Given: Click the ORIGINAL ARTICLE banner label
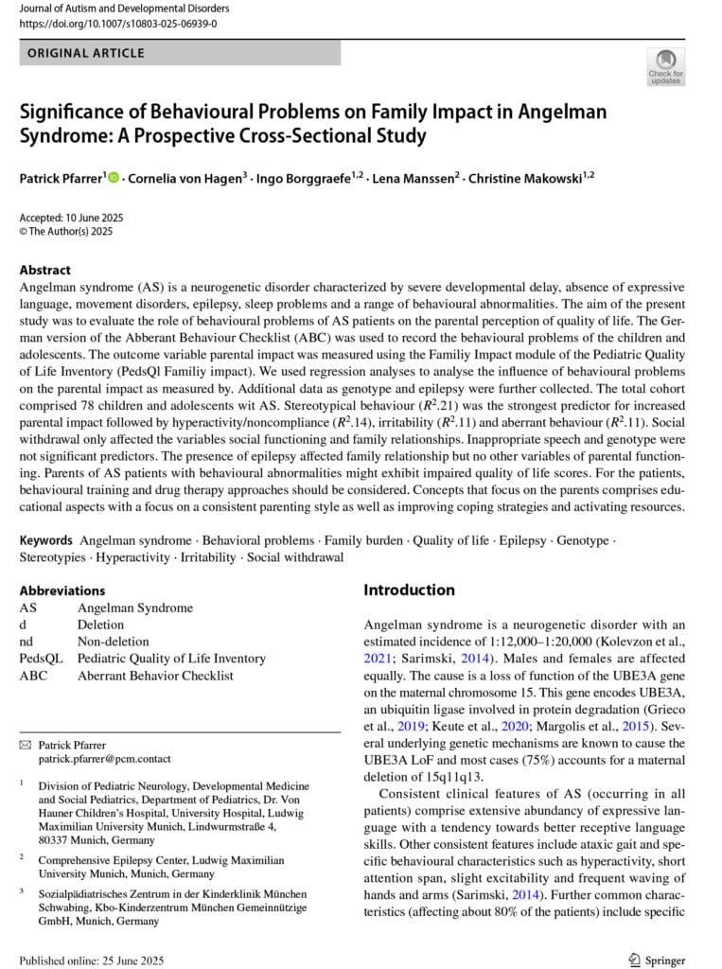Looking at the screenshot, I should pyautogui.click(x=86, y=53).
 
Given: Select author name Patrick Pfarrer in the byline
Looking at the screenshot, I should pyautogui.click(x=60, y=177).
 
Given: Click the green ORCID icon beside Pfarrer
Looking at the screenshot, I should pyautogui.click(x=114, y=177).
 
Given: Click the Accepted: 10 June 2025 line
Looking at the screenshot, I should pyautogui.click(x=71, y=217).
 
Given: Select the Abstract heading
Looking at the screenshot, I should pyautogui.click(x=44, y=269).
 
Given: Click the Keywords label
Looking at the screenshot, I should pyautogui.click(x=47, y=539).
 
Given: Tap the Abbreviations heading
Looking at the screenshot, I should pyautogui.click(x=62, y=590).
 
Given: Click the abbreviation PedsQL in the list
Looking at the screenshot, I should pyautogui.click(x=39, y=659).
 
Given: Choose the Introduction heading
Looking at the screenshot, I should pyautogui.click(x=409, y=590).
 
